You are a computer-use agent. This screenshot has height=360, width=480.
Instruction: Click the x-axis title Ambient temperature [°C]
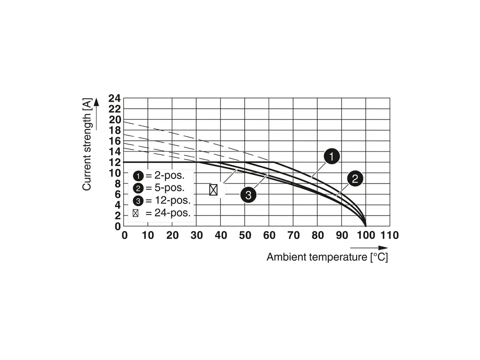pos(327,257)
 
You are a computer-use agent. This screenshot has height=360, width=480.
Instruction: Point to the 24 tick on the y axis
pos(114,99)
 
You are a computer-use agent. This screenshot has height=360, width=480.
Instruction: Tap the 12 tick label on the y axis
pos(114,162)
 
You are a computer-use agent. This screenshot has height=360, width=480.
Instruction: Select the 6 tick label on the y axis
pos(118,194)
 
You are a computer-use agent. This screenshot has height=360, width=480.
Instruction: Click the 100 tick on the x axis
pos(366,235)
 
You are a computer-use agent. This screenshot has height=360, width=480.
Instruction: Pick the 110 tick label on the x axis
pos(390,235)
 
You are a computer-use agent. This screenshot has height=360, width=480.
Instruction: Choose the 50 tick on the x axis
pos(245,235)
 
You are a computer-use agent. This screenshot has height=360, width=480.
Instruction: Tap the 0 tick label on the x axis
pos(124,235)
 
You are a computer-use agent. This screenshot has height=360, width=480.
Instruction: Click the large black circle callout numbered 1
pos(331,157)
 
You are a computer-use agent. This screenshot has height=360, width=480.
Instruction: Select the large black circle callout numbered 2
pos(355,178)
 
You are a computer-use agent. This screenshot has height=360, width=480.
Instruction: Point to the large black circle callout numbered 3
pos(248,194)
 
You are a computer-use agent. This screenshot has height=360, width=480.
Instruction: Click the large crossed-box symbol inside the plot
pos(213,190)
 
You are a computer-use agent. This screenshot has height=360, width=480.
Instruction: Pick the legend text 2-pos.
pos(165,176)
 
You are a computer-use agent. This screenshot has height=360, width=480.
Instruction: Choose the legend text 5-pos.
pos(165,188)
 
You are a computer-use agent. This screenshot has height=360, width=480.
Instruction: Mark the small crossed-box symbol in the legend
pos(136,213)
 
